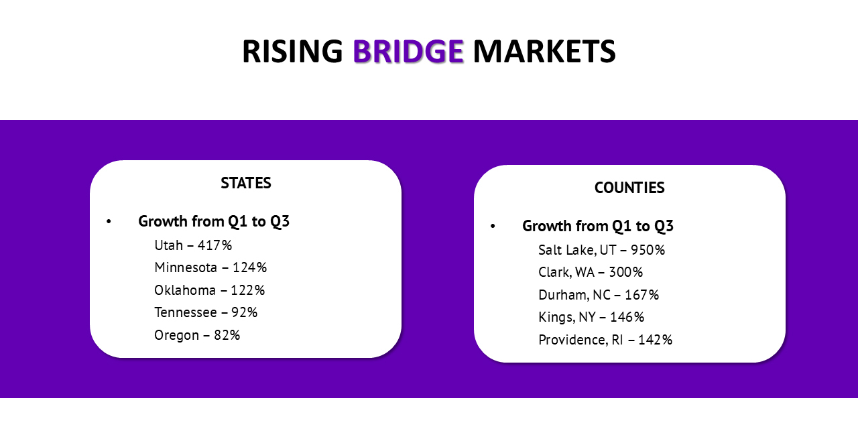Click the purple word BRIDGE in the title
[408, 51]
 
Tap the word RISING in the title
[293, 51]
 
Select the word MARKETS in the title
[544, 51]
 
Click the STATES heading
[246, 183]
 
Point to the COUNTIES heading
[629, 188]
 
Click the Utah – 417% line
[193, 245]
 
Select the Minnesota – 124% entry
[210, 267]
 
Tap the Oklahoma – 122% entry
[210, 290]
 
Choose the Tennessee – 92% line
[206, 312]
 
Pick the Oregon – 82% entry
[197, 335]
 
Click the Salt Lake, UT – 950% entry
[601, 250]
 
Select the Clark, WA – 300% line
[591, 272]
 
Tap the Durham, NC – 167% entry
[599, 295]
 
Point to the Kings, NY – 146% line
[591, 317]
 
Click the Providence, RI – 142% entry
[605, 340]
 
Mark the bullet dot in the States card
[109, 221]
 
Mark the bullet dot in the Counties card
[493, 226]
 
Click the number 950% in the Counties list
[648, 250]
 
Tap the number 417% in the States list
[215, 245]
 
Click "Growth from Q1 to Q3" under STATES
[214, 221]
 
